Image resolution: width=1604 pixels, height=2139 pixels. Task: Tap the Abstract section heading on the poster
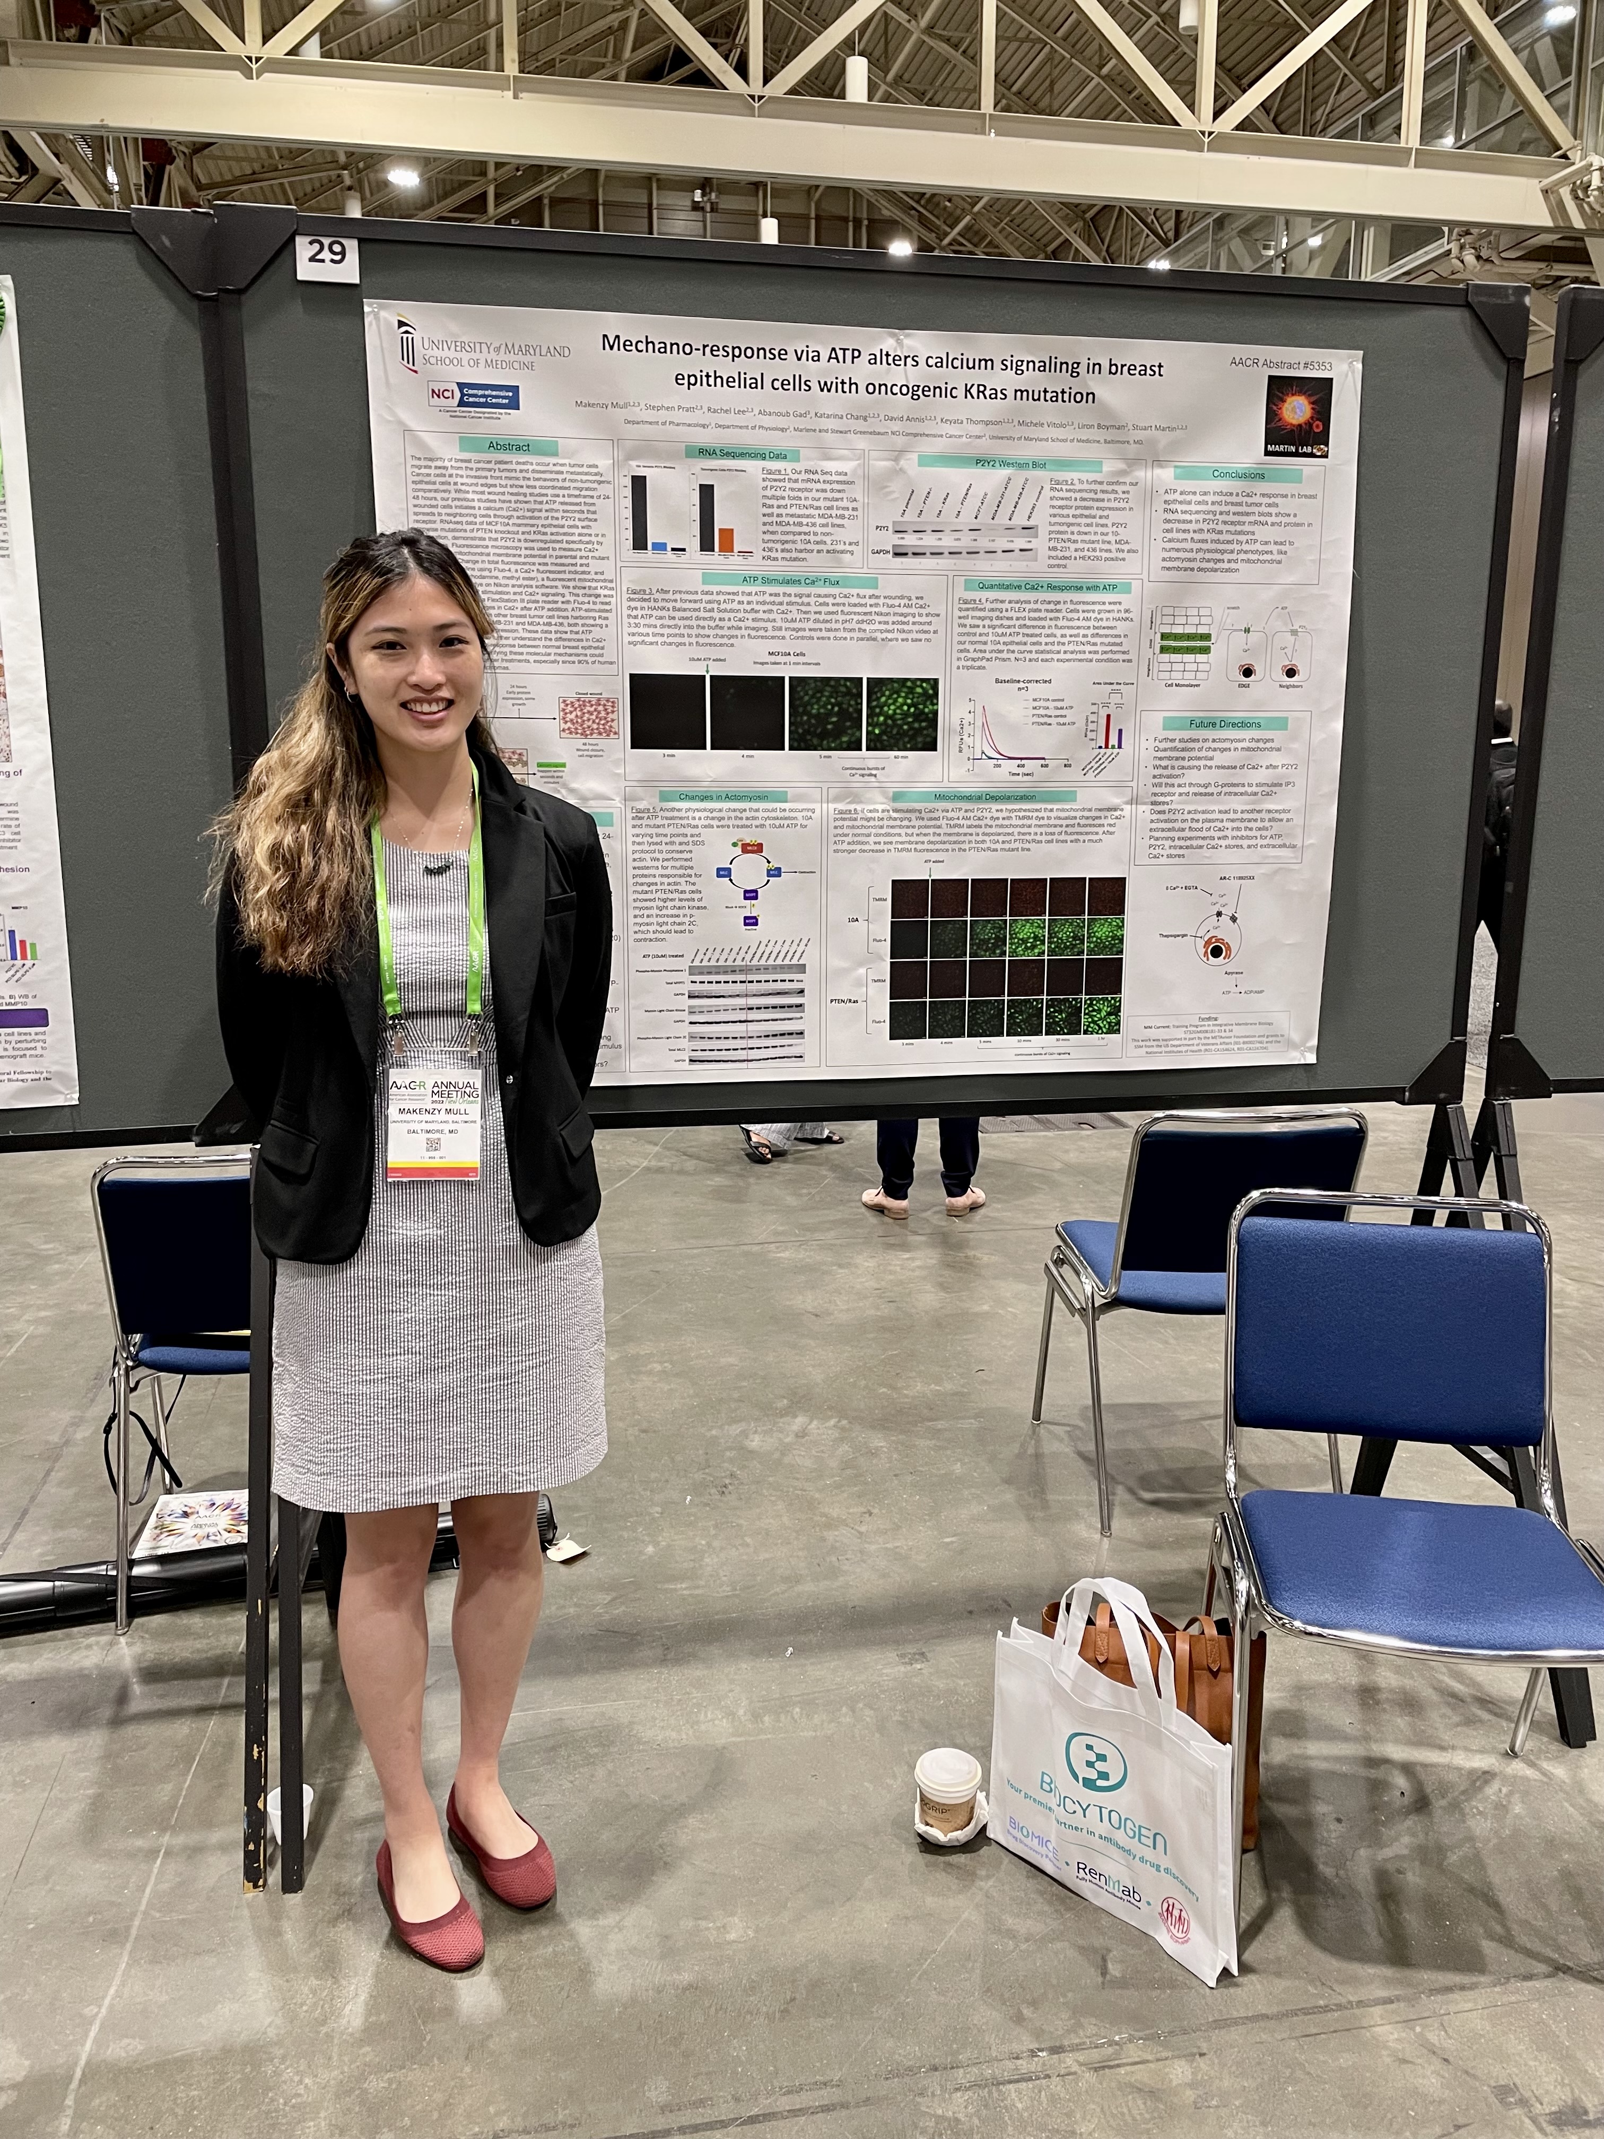click(x=509, y=447)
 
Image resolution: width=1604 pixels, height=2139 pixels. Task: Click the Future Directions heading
click(x=1225, y=723)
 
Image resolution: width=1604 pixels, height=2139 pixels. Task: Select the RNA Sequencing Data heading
click(x=736, y=454)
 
